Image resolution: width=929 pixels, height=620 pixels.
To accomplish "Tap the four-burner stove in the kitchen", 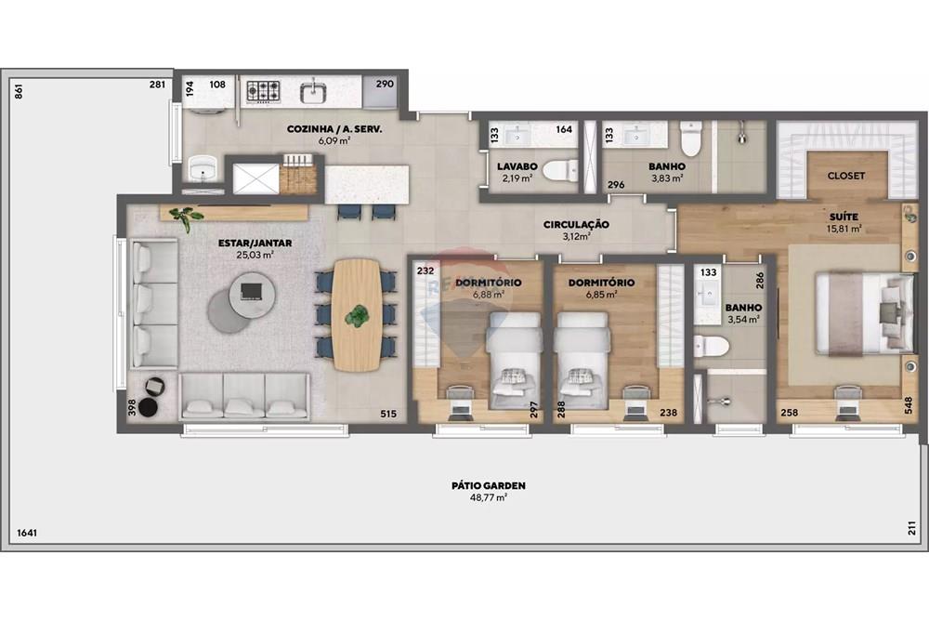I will tap(263, 91).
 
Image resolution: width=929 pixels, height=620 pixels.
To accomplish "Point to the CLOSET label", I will tap(845, 175).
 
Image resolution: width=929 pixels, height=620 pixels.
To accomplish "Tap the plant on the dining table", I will tap(357, 316).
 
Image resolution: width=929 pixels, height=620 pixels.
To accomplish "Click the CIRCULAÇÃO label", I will tap(576, 224).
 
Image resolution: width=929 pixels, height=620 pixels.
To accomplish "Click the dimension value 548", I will tap(909, 404).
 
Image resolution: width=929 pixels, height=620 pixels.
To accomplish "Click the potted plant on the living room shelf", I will tap(187, 218).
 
